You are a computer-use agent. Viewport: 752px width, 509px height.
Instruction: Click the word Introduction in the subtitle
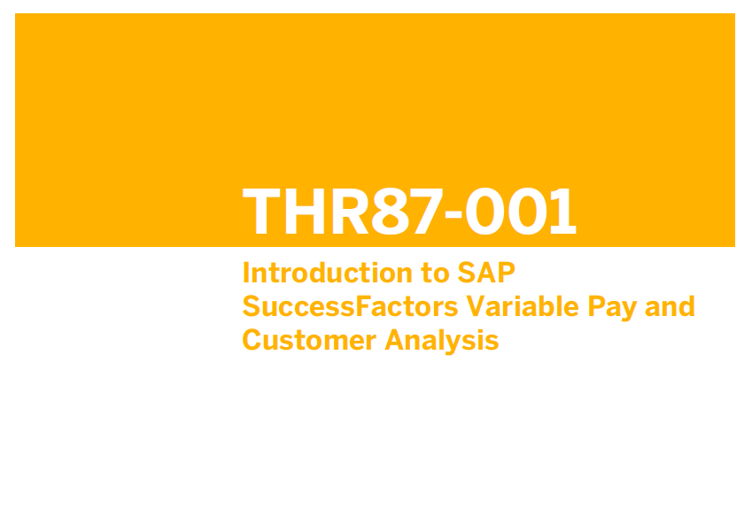[328, 273]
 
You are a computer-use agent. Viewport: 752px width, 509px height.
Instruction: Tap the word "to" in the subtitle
[436, 274]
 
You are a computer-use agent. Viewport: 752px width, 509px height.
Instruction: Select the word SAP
[486, 273]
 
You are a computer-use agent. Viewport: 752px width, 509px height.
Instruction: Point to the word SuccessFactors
[350, 307]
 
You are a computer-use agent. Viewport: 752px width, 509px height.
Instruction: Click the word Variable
[523, 307]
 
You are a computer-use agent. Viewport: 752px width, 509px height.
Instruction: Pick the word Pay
[612, 309]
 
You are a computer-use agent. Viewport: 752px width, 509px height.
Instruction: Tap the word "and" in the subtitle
[670, 307]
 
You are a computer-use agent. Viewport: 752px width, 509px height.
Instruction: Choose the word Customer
[309, 341]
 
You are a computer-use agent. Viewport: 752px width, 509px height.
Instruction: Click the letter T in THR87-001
[261, 212]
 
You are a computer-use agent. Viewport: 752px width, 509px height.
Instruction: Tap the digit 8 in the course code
[391, 212]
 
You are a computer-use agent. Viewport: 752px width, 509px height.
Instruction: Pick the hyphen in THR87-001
[454, 212]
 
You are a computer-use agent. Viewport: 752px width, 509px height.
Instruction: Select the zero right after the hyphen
[485, 212]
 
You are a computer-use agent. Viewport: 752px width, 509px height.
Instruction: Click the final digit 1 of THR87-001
[562, 212]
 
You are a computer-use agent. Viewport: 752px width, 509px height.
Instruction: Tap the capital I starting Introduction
[246, 273]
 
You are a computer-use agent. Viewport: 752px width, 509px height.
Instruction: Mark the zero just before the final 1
[528, 212]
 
